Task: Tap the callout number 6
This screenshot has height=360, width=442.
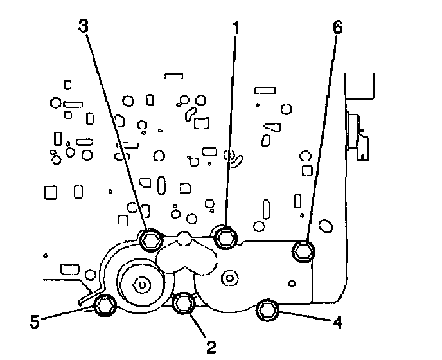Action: tap(338, 28)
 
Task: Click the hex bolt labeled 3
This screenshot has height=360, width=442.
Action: tap(150, 240)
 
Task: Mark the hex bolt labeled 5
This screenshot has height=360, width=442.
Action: tap(104, 306)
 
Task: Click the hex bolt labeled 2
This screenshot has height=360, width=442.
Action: tap(184, 303)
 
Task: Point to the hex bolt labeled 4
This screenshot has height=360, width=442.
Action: tap(267, 312)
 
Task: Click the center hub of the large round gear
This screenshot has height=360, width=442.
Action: tap(141, 282)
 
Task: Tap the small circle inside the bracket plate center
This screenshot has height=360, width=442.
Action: tap(226, 277)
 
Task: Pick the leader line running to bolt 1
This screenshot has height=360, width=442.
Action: tap(230, 129)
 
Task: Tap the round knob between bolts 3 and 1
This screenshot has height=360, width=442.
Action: tap(184, 239)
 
